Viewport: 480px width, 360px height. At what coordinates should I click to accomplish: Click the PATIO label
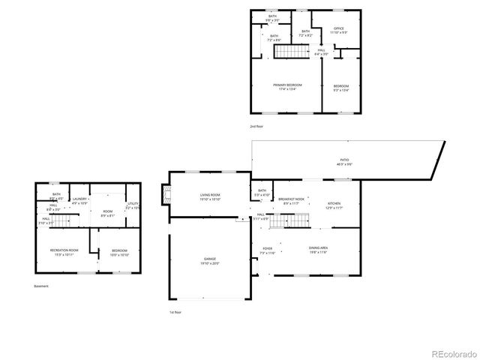pyautogui.click(x=344, y=160)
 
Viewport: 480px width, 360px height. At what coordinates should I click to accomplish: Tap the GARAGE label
pyautogui.click(x=209, y=259)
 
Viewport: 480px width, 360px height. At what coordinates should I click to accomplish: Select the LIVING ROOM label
pyautogui.click(x=209, y=196)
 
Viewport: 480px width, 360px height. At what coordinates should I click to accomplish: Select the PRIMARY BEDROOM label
pyautogui.click(x=287, y=85)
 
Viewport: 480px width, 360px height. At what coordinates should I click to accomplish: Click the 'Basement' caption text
pyautogui.click(x=40, y=286)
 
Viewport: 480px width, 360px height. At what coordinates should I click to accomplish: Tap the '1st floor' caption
pyautogui.click(x=175, y=311)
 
